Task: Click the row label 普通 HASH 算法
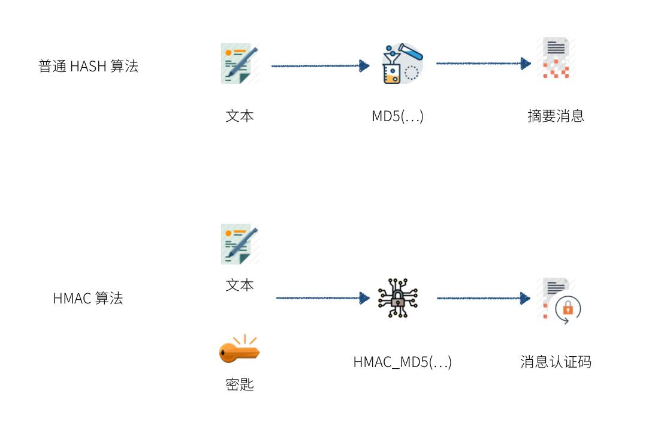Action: (88, 67)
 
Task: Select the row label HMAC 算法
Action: (88, 298)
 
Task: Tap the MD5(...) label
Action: (397, 116)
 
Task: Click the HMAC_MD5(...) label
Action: (402, 362)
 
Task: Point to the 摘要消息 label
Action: (556, 116)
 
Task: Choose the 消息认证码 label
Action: (556, 362)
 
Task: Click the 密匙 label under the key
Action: (240, 384)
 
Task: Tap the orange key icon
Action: (239, 350)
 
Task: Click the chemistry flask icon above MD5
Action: (402, 63)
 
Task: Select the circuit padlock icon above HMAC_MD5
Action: (397, 298)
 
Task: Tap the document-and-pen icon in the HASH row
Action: (240, 63)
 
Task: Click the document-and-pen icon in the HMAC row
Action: (240, 244)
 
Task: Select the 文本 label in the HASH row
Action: (240, 116)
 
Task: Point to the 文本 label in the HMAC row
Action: (240, 285)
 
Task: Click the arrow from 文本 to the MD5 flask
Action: (320, 66)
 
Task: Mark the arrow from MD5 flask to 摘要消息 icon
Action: (483, 64)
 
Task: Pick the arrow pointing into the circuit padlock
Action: (322, 298)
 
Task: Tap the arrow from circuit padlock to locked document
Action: (483, 298)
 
